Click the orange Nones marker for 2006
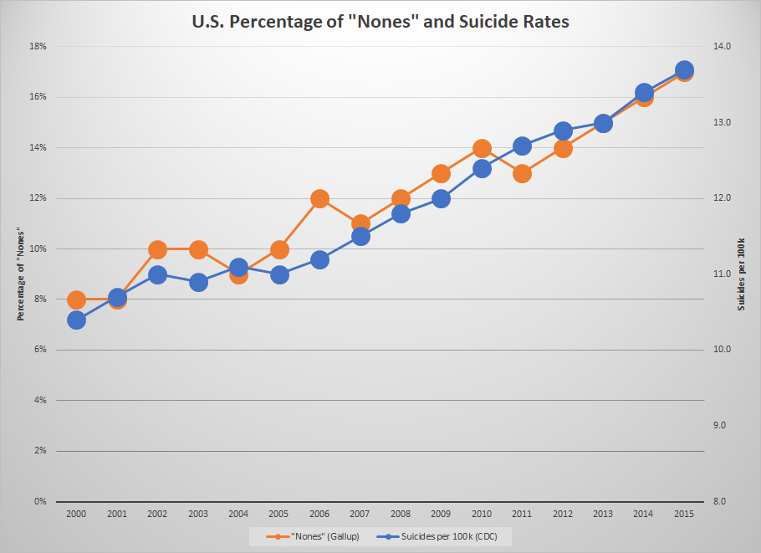click(319, 199)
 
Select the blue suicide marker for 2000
click(76, 320)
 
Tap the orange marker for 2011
click(523, 174)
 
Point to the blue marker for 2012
click(563, 131)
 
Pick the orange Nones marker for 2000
click(76, 300)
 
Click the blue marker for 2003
click(198, 283)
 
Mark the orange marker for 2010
click(482, 149)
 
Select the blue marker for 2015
click(684, 70)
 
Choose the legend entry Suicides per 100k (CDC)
click(442, 536)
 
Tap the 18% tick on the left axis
click(38, 47)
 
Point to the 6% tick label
click(39, 350)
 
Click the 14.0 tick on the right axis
click(720, 47)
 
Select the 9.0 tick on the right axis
click(720, 426)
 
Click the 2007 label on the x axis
click(360, 514)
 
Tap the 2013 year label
click(604, 514)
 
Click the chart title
click(380, 22)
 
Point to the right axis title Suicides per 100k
click(741, 274)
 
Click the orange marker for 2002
click(157, 249)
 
